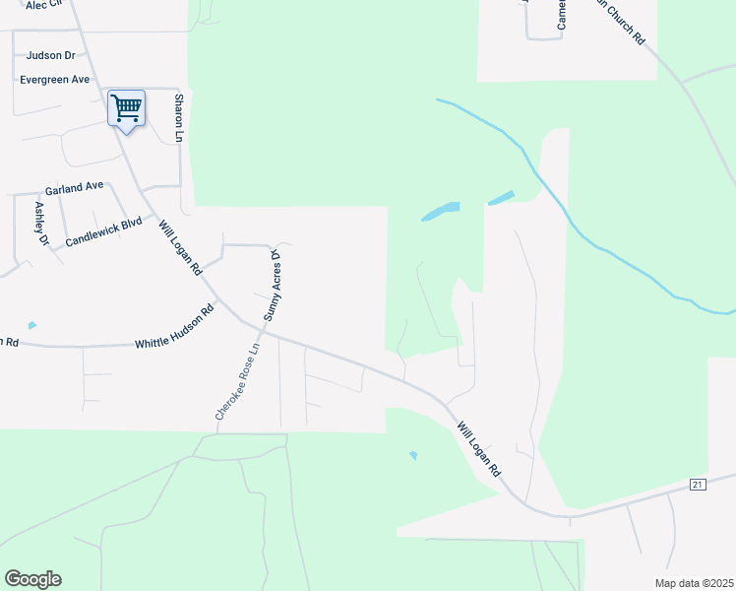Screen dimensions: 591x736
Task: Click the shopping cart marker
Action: (126, 107)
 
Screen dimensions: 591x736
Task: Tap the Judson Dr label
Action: (51, 56)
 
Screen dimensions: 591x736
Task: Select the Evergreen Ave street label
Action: (55, 79)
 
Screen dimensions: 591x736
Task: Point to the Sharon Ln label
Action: (179, 117)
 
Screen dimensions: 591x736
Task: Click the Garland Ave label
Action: (74, 186)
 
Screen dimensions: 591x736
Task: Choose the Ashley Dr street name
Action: (40, 224)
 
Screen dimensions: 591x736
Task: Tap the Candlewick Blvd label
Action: (104, 232)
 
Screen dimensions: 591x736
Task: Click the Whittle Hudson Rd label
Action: (174, 328)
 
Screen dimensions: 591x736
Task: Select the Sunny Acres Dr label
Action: (273, 287)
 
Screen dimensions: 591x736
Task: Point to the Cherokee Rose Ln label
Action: (238, 382)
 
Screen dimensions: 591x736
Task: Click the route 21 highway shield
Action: (698, 484)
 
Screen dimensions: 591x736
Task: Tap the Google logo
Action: (32, 579)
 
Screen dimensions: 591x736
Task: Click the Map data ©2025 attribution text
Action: (693, 582)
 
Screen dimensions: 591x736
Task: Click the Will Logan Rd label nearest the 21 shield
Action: (478, 449)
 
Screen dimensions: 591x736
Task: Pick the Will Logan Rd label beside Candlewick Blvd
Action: (180, 246)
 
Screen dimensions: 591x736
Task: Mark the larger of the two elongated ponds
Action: (441, 211)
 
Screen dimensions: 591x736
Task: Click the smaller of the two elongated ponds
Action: (500, 198)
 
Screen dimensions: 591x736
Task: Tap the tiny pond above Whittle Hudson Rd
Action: (32, 325)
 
